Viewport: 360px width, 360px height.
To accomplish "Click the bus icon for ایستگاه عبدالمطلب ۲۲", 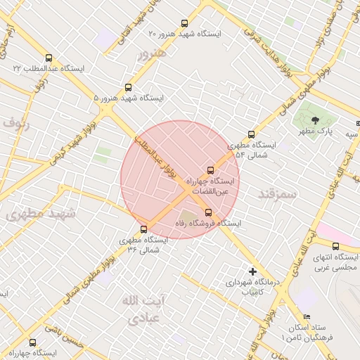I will [x=49, y=58].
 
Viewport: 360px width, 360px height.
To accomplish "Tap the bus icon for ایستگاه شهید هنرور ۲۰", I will [x=185, y=23].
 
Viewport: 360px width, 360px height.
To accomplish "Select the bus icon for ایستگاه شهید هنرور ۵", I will [x=128, y=88].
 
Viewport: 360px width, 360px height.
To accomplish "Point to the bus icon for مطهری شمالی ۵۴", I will [x=251, y=135].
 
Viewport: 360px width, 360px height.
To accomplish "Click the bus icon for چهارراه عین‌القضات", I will [x=210, y=170].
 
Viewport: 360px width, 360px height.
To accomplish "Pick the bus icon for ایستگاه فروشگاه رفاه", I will [x=208, y=212].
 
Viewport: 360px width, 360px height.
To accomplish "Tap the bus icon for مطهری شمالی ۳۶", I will [x=144, y=229].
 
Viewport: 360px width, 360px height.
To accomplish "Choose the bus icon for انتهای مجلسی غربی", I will [x=335, y=247].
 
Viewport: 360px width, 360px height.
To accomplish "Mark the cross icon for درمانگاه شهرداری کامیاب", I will [x=253, y=271].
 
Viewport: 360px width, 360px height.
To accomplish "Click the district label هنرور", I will [x=153, y=53].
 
